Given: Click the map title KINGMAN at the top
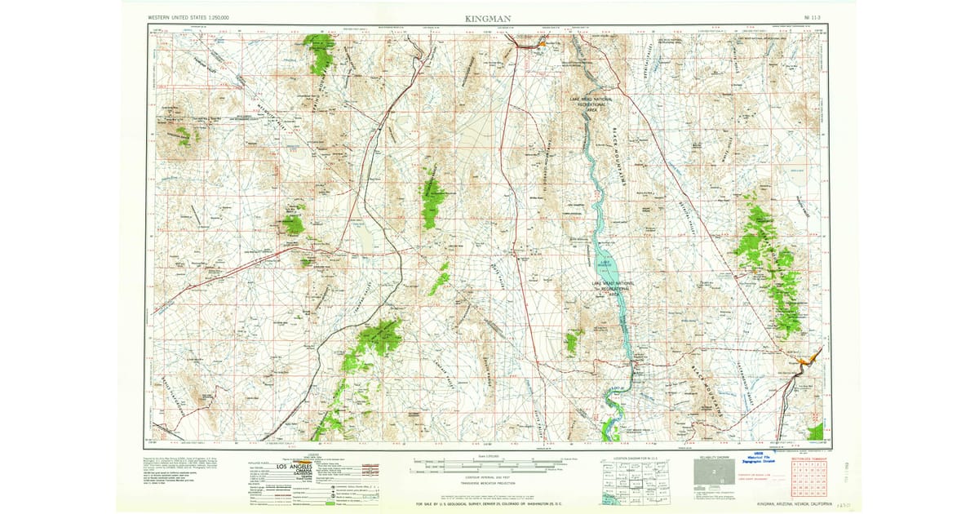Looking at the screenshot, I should (x=489, y=17).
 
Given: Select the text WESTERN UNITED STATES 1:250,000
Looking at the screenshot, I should (x=188, y=17).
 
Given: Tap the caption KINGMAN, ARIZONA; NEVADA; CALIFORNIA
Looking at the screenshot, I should (x=793, y=504).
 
